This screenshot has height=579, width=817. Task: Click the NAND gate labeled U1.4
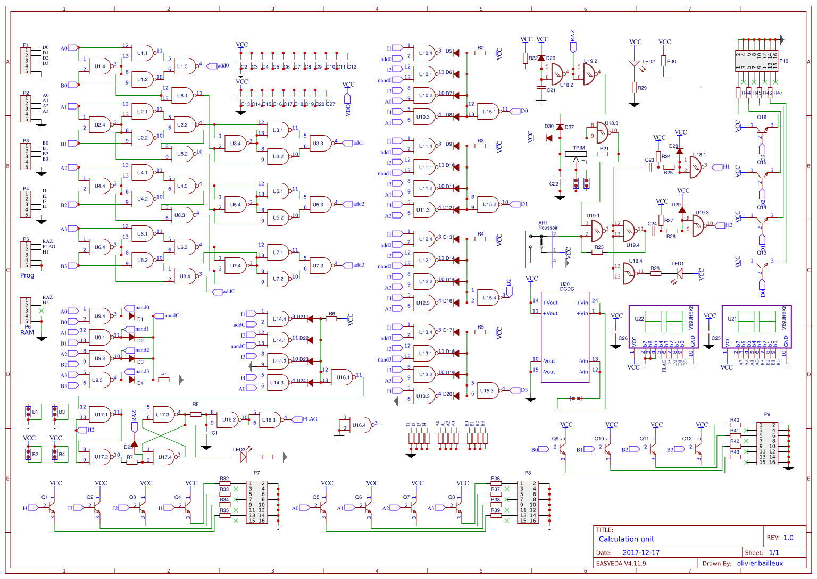(99, 66)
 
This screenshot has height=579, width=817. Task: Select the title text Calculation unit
(626, 539)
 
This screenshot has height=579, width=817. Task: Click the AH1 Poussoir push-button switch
(540, 249)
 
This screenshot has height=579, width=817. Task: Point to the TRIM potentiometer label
(579, 148)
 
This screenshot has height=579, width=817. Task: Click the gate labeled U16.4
(360, 425)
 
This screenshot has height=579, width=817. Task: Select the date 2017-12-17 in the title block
(641, 553)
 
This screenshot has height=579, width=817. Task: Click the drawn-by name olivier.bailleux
(760, 563)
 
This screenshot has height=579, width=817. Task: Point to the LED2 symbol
(634, 63)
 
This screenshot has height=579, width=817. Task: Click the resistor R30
(663, 61)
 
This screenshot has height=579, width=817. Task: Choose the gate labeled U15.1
(488, 112)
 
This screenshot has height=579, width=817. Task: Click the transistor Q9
(562, 448)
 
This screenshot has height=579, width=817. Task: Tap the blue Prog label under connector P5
(27, 275)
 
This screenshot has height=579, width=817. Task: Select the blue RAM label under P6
(27, 333)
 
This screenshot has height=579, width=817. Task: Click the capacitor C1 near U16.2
(207, 433)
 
